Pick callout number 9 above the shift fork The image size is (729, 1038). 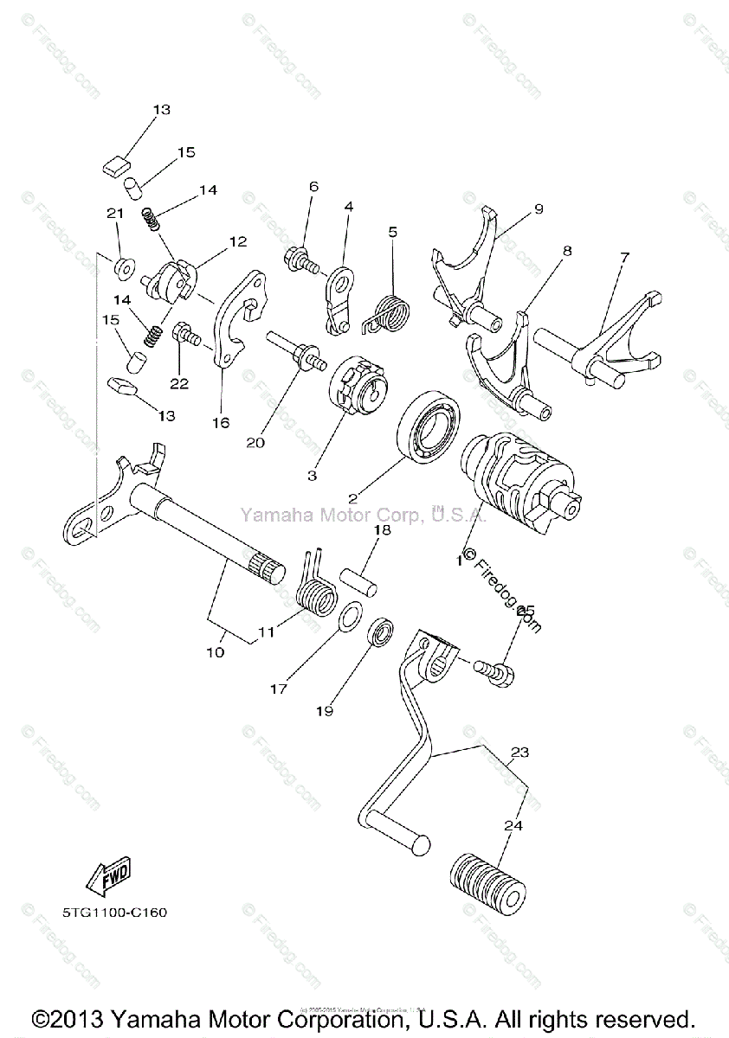[x=538, y=208]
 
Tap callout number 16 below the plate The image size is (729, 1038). [x=220, y=422]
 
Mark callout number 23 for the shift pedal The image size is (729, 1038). [x=519, y=753]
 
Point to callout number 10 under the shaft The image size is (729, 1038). [x=215, y=651]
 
